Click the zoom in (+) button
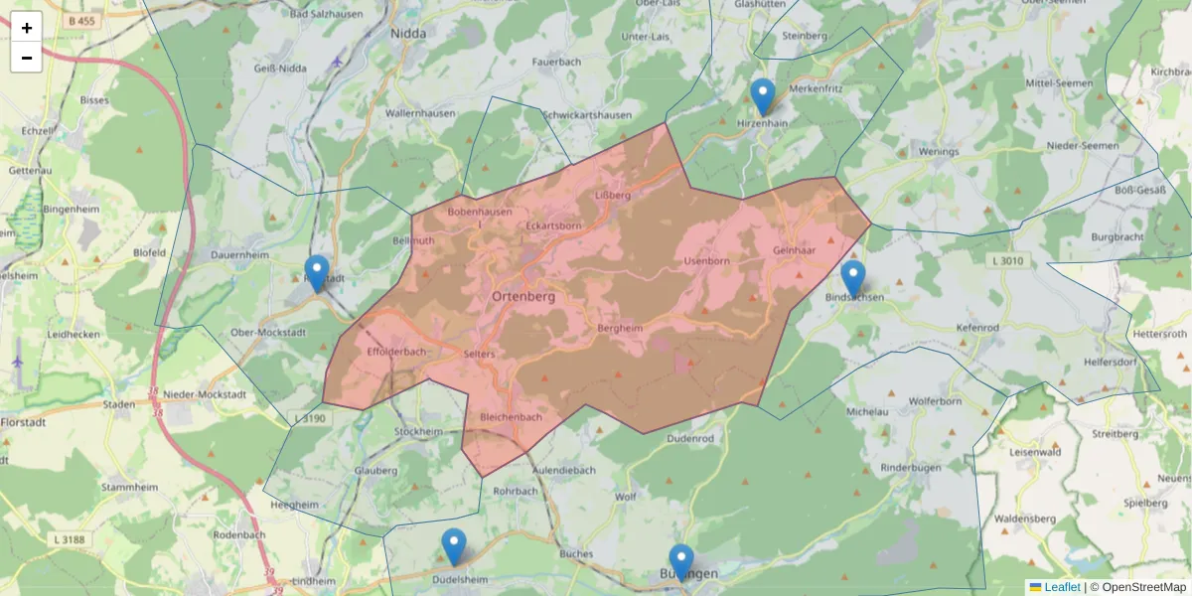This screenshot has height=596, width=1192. (27, 28)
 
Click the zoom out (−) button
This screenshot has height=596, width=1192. (27, 58)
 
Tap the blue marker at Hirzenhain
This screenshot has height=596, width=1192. (762, 97)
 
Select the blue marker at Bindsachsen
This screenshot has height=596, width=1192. (852, 278)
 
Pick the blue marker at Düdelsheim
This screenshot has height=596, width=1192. (453, 546)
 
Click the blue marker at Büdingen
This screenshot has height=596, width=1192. (680, 562)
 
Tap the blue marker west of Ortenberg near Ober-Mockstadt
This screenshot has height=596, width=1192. (317, 273)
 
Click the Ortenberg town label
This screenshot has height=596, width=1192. (523, 296)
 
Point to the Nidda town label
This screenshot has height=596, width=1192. (408, 33)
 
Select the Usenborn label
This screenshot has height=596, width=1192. (706, 261)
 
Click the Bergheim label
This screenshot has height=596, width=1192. (621, 328)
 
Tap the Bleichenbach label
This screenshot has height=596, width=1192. (511, 417)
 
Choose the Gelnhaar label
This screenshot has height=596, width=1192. (794, 250)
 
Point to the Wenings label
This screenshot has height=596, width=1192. (939, 152)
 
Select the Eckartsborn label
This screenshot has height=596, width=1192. (553, 225)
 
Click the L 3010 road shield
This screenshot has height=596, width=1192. (1005, 261)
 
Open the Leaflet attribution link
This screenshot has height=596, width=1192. (1061, 587)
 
